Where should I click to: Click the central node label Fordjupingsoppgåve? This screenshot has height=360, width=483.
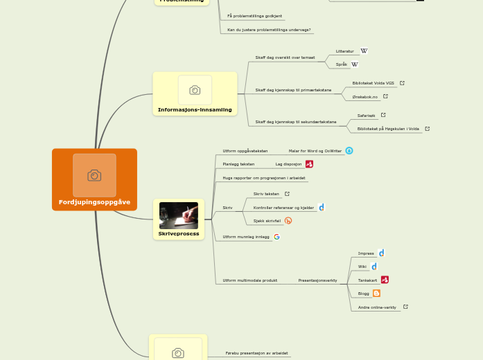(x=94, y=202)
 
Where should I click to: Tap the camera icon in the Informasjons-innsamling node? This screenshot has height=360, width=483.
(x=195, y=90)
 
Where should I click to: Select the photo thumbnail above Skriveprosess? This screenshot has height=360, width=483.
(x=178, y=215)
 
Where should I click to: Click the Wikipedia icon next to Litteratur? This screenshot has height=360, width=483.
(x=364, y=51)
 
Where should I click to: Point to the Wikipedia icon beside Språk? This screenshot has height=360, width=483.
(x=354, y=64)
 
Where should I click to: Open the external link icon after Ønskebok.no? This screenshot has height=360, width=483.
(x=385, y=96)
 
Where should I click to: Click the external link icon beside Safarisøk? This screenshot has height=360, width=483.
(x=383, y=115)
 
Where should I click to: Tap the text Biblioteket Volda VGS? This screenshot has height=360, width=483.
(x=373, y=83)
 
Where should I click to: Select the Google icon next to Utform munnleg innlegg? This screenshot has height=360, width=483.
(x=276, y=237)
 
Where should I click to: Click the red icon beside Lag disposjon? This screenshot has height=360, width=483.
(x=309, y=164)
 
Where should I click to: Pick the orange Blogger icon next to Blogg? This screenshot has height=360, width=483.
(x=376, y=294)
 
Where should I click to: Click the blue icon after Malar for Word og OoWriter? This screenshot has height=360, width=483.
(x=349, y=150)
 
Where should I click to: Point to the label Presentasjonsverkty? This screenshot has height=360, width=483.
(x=317, y=280)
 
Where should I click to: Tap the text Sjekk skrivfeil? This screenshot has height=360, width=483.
(x=267, y=221)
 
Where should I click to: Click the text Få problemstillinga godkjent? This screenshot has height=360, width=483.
(x=255, y=15)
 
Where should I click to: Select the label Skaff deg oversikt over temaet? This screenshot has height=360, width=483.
(x=285, y=57)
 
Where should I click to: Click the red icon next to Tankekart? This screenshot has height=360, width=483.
(x=385, y=280)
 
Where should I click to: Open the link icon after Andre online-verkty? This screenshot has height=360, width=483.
(x=405, y=307)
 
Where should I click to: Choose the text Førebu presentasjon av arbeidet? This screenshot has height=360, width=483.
(x=258, y=353)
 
